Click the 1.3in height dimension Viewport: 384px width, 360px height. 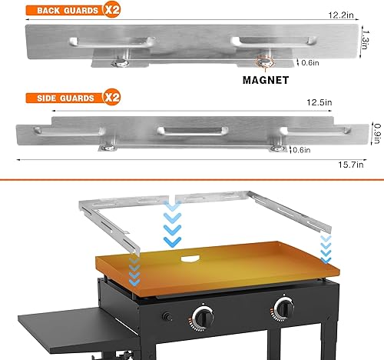click(369, 35)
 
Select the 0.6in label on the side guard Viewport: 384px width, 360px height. click(301, 150)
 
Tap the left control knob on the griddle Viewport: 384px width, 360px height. click(204, 315)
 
